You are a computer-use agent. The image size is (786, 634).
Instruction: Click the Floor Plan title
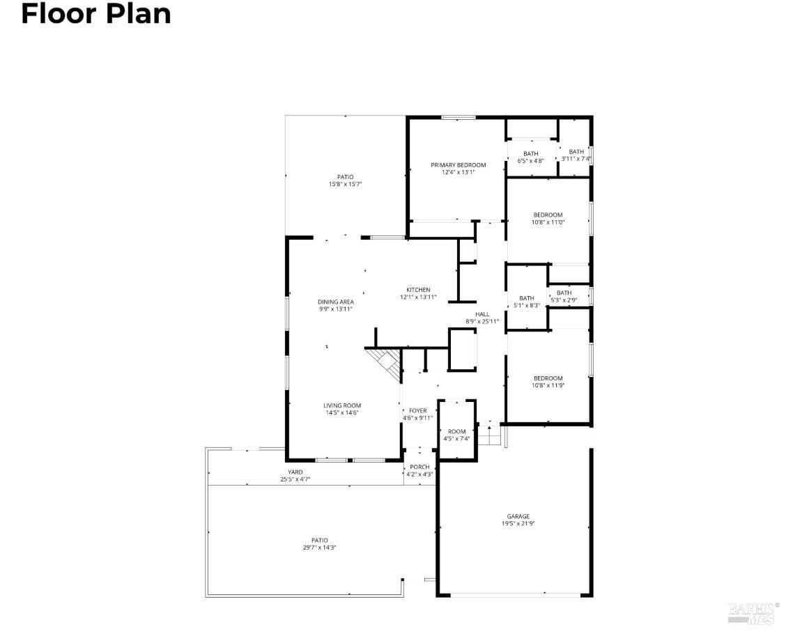(x=96, y=14)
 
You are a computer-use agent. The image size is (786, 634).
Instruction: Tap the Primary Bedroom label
(x=458, y=165)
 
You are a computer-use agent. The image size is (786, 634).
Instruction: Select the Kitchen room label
(x=418, y=290)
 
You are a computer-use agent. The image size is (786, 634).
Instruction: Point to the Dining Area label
(x=336, y=302)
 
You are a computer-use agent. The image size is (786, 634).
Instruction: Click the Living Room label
(x=341, y=405)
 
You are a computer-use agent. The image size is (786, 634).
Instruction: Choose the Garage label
(x=518, y=516)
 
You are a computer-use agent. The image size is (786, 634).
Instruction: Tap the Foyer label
(x=417, y=411)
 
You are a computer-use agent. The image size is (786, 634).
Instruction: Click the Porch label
(x=419, y=467)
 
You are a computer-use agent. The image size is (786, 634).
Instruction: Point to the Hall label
(x=482, y=314)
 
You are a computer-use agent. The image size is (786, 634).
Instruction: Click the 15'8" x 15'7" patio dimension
(x=346, y=184)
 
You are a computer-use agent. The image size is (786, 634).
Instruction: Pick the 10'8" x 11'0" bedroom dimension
(x=548, y=222)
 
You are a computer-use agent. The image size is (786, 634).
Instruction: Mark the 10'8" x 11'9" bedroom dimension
(x=548, y=385)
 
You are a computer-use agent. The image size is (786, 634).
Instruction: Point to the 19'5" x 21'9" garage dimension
(x=518, y=524)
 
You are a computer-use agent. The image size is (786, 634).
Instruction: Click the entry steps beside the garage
(x=492, y=435)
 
